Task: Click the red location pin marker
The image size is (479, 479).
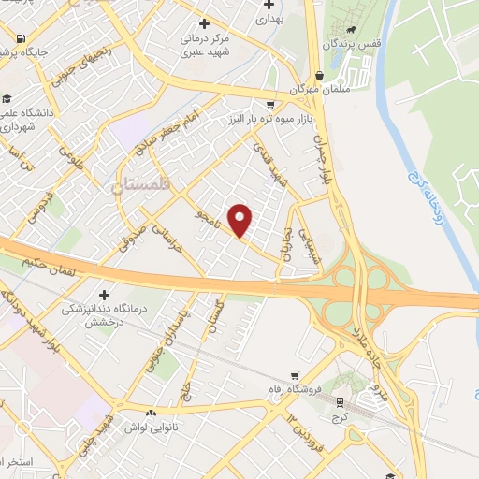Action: click(x=241, y=220)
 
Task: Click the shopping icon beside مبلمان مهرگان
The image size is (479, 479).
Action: click(x=321, y=75)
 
